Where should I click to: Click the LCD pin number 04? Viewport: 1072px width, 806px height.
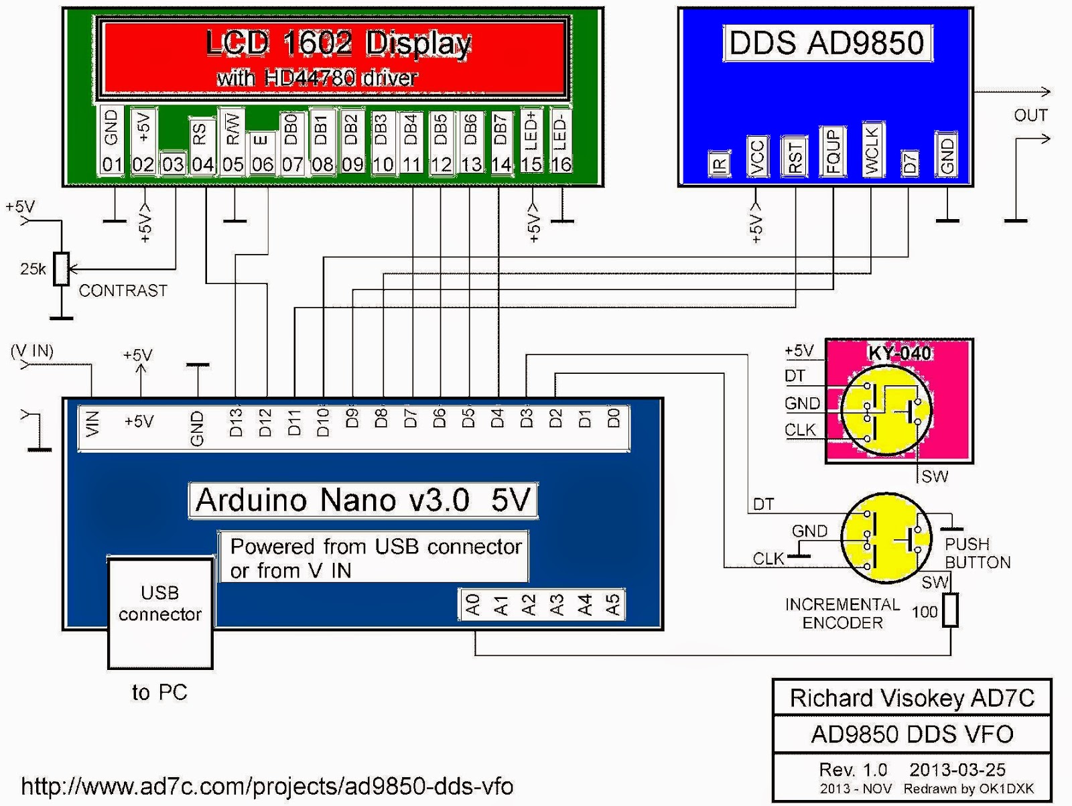point(202,164)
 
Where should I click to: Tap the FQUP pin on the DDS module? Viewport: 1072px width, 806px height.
point(833,152)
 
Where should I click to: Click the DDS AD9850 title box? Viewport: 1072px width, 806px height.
point(827,44)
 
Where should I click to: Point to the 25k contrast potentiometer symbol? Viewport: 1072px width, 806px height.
point(62,269)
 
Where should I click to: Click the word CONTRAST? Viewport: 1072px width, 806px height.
point(123,291)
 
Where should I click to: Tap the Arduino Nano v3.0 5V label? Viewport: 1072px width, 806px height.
point(363,500)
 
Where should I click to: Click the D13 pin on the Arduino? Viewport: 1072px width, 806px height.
point(236,423)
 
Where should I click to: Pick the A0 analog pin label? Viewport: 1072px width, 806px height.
point(473,605)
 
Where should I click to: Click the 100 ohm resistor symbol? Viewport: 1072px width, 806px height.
point(950,610)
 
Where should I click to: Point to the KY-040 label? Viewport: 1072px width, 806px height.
point(899,353)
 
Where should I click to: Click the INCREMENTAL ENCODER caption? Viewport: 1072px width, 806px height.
point(842,614)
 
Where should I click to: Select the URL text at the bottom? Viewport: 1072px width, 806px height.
point(267,786)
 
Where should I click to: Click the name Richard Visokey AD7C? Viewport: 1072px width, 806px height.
point(912,698)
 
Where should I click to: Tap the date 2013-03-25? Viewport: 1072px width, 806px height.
point(957,770)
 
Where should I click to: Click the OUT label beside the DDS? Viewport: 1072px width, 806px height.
point(1030,116)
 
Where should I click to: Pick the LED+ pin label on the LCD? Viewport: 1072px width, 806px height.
point(531,131)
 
